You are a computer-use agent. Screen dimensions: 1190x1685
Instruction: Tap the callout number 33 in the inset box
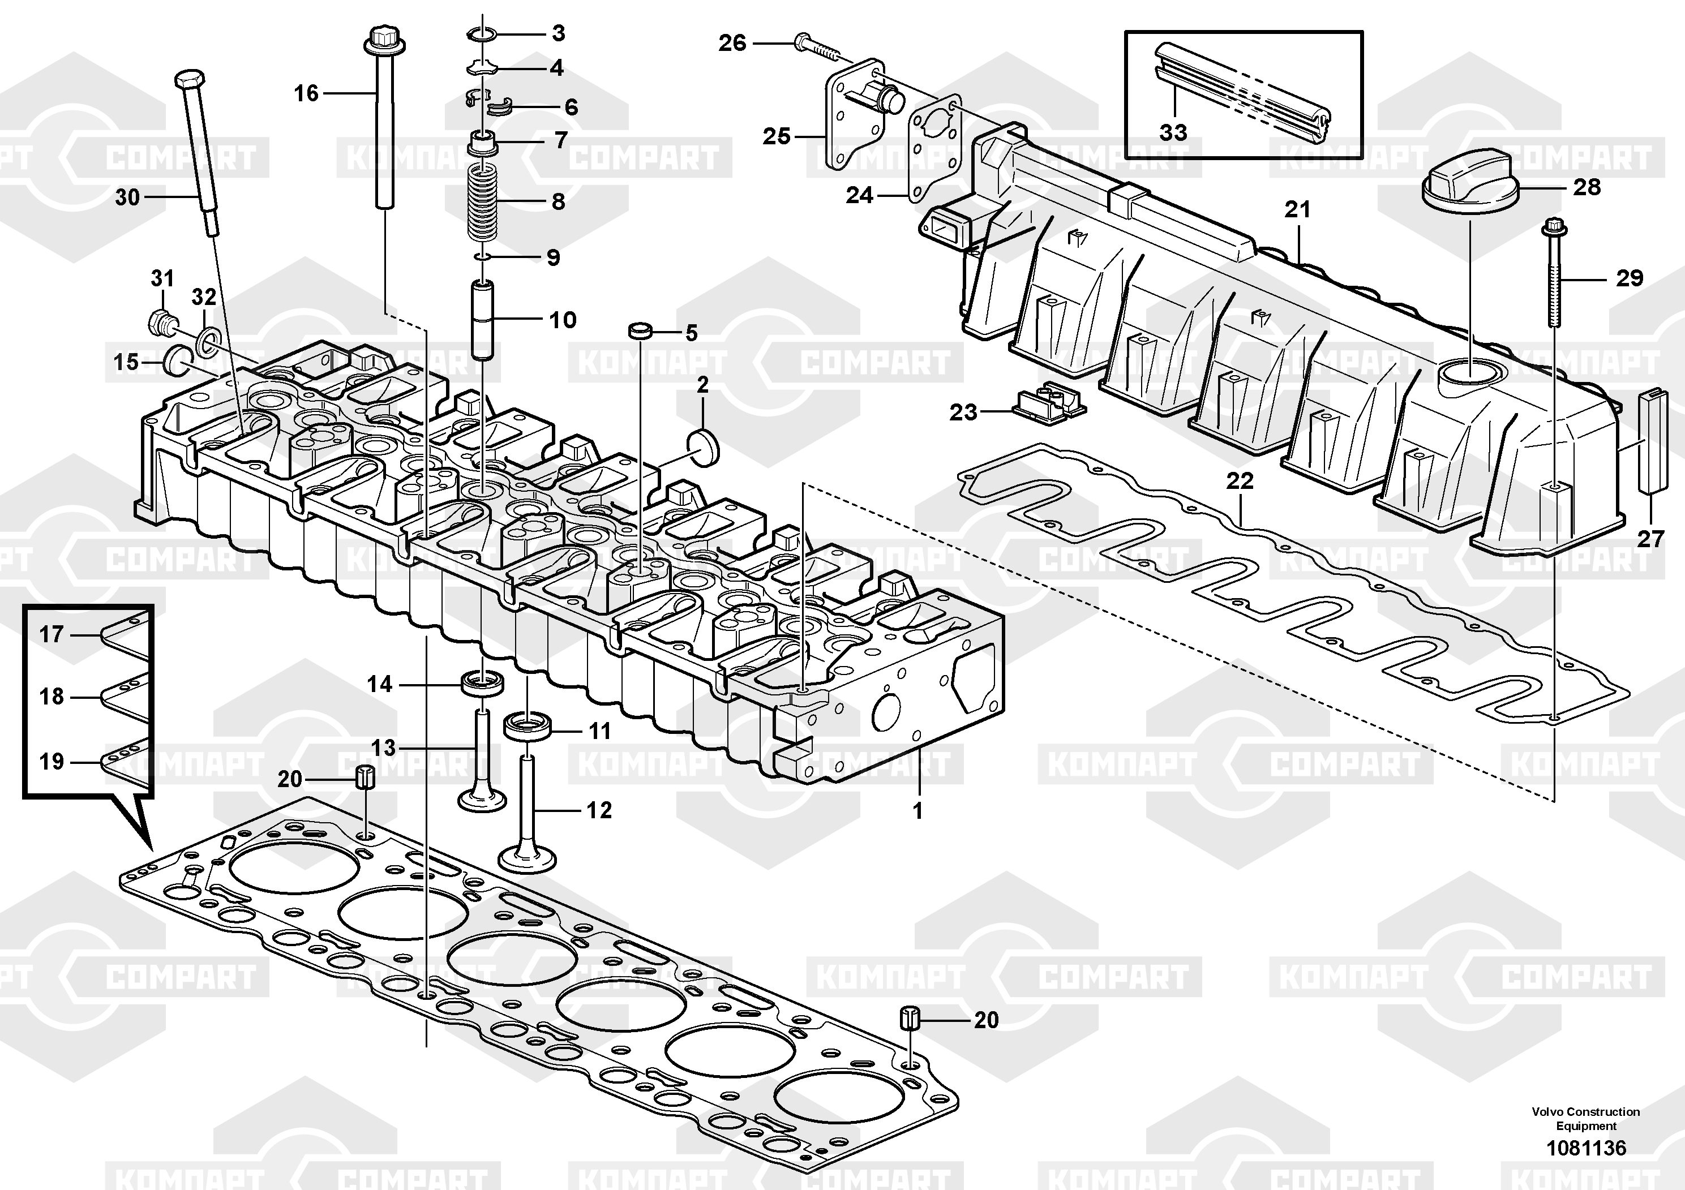1173,133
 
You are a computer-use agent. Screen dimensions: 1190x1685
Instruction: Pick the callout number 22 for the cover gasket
1240,482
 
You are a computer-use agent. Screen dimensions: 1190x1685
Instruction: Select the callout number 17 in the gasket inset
52,634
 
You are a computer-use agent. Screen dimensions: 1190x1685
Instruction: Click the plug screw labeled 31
161,321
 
